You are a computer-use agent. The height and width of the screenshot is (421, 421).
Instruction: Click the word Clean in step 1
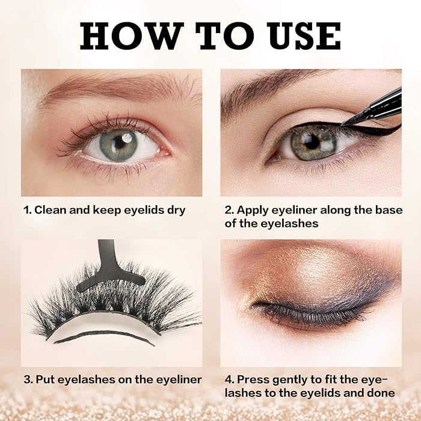50,210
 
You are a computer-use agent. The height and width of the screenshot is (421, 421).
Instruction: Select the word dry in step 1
176,210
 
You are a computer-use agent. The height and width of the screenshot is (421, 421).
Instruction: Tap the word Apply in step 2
253,210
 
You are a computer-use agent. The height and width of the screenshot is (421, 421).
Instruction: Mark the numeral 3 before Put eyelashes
26,380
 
